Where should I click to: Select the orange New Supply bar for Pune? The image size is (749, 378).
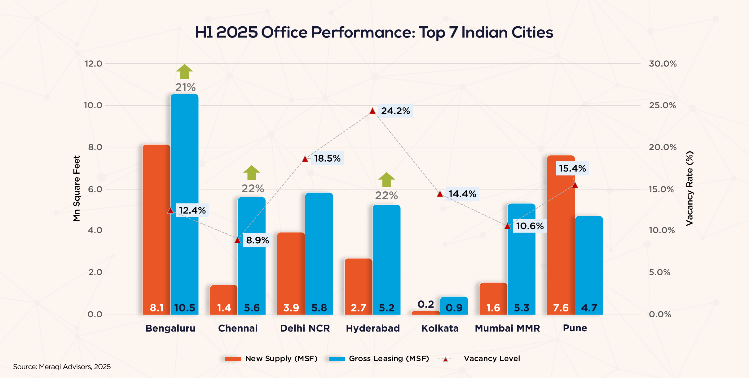tap(561, 235)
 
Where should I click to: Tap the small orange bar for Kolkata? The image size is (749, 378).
tap(426, 313)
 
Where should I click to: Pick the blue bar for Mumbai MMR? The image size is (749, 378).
tap(521, 257)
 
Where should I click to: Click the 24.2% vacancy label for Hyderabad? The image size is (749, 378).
tap(395, 111)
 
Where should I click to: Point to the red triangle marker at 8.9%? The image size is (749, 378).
tap(238, 240)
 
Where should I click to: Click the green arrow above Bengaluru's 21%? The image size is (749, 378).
tap(184, 72)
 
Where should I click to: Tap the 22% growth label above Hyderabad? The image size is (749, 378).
tap(386, 196)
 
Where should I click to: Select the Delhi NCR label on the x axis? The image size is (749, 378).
tap(305, 328)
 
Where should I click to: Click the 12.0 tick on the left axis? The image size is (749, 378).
tap(93, 64)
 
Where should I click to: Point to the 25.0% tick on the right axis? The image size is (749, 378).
tap(663, 106)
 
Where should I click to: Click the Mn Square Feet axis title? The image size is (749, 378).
tap(77, 188)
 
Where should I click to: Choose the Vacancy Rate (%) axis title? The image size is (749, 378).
tap(690, 188)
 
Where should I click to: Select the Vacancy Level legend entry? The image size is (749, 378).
tap(491, 358)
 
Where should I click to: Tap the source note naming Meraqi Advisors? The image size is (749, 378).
tap(62, 367)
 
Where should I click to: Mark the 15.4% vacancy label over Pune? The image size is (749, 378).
tap(572, 168)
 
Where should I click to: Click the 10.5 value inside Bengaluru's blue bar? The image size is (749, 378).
tap(184, 308)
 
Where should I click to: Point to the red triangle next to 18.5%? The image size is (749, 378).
tap(305, 159)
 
